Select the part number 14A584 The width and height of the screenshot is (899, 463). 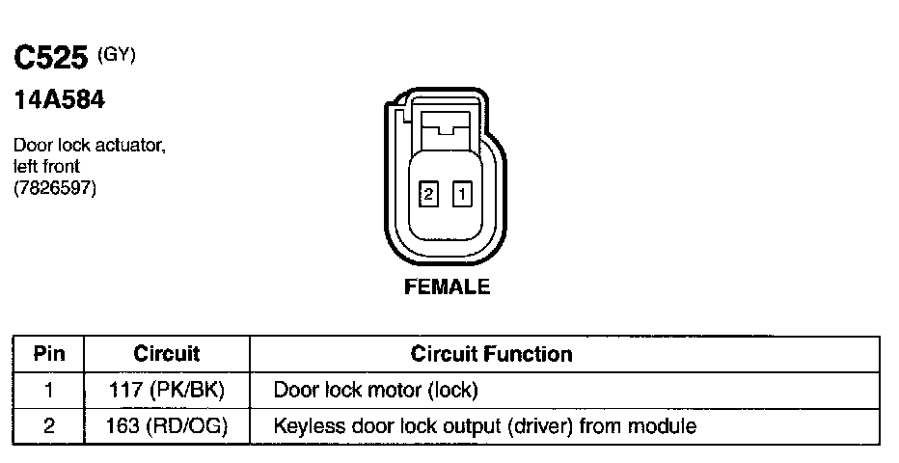[58, 99]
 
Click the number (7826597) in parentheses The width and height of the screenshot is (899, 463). [55, 186]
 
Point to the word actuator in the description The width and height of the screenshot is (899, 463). [133, 147]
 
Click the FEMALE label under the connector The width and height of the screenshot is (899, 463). [447, 286]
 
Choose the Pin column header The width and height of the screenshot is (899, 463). [49, 354]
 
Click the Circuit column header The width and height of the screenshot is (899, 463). [166, 354]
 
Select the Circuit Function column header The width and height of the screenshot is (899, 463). [491, 354]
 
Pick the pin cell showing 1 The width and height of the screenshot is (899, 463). [49, 391]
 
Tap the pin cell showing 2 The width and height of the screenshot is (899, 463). [49, 425]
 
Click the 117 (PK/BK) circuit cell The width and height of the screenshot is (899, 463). [166, 391]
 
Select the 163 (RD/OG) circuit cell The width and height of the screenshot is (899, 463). [166, 425]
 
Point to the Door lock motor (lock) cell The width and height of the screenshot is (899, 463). [376, 391]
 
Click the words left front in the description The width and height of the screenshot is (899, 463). [46, 166]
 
